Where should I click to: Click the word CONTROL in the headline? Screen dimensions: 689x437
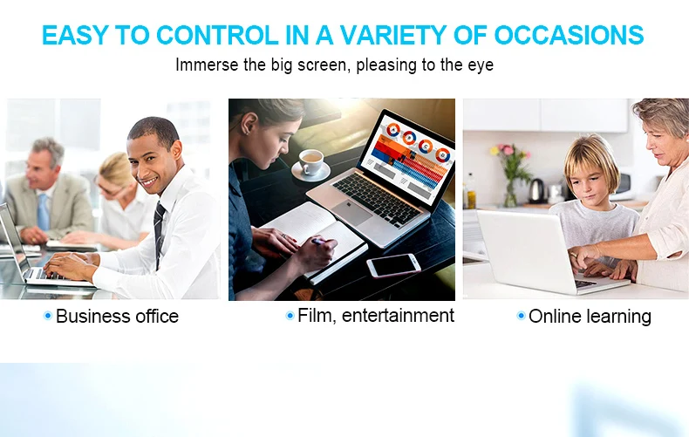(217, 35)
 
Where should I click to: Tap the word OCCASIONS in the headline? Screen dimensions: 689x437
(569, 35)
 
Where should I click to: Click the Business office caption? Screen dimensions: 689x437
(117, 316)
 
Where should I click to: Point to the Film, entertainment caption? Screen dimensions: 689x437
(376, 316)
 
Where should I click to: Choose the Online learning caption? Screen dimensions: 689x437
(590, 317)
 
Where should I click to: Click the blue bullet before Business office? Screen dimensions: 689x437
(48, 316)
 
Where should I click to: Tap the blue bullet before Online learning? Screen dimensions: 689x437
(521, 316)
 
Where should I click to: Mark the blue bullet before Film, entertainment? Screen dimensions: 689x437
(290, 316)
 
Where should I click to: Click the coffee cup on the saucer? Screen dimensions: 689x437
(310, 161)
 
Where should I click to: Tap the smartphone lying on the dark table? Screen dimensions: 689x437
(393, 265)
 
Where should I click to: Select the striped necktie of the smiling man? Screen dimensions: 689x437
(159, 233)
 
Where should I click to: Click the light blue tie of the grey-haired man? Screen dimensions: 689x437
(43, 212)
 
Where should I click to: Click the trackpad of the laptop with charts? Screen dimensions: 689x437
(351, 211)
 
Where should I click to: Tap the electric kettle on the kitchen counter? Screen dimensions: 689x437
(536, 191)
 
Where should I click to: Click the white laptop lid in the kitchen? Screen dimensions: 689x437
(526, 250)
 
